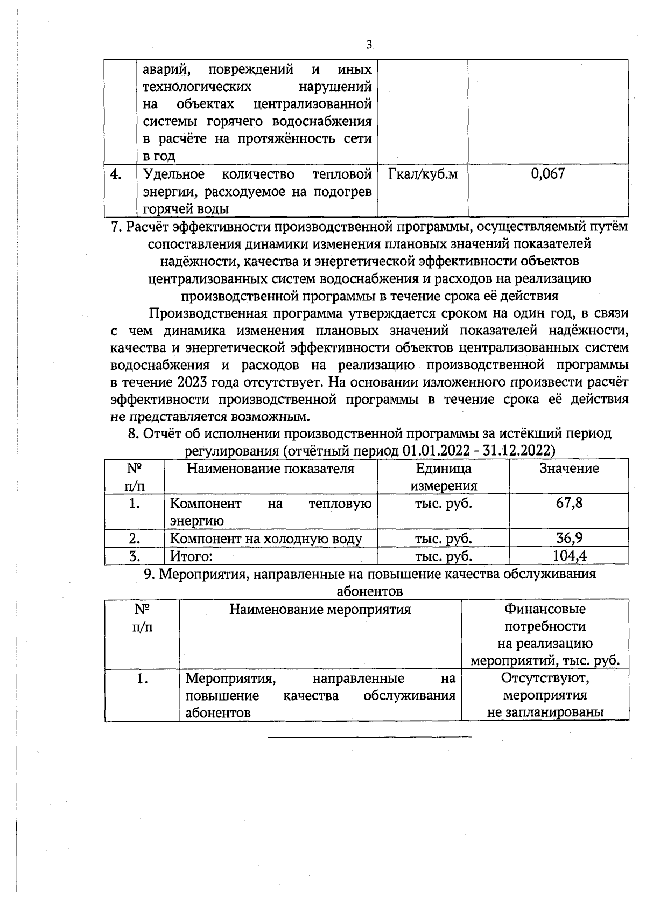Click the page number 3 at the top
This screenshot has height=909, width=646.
click(369, 45)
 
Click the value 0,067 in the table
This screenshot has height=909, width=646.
click(547, 174)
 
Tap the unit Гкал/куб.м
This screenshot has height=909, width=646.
click(423, 174)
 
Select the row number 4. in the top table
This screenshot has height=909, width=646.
click(116, 174)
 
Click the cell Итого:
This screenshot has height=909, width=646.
click(192, 556)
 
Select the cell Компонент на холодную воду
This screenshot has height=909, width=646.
click(266, 539)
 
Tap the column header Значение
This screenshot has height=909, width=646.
click(569, 469)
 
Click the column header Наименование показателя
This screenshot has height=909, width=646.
click(270, 469)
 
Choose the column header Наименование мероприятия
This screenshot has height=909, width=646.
click(320, 609)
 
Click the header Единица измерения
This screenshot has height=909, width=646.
click(443, 477)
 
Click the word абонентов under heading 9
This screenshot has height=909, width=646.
click(369, 591)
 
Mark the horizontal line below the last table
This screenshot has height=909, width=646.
click(369, 736)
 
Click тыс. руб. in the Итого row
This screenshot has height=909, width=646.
click(443, 556)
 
